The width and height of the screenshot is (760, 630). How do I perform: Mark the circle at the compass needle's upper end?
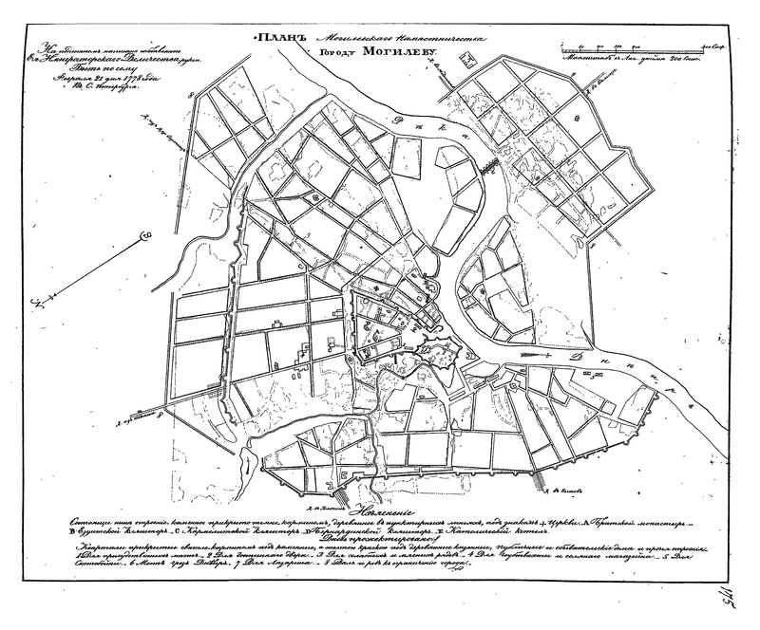(x=144, y=233)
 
